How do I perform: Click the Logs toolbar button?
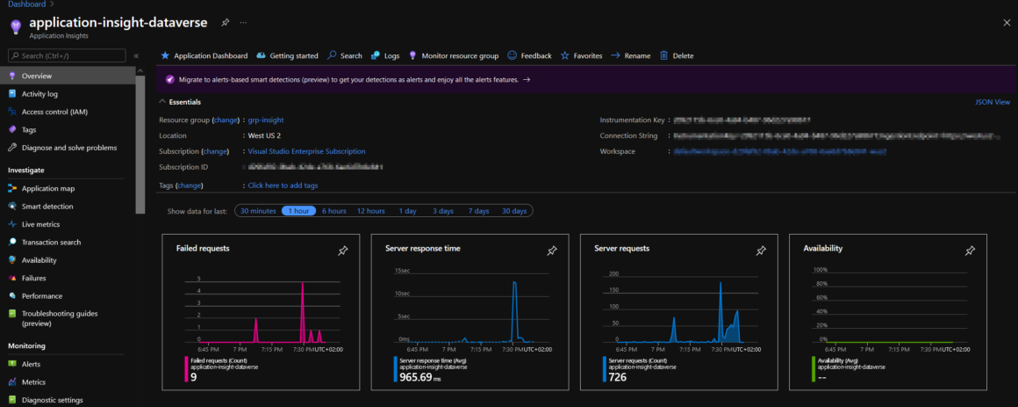(385, 55)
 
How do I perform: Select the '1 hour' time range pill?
(298, 211)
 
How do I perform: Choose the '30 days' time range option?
(513, 211)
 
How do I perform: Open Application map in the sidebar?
(47, 188)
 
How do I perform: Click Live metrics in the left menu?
(40, 224)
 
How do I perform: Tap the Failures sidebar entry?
(33, 278)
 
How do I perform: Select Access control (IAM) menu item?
(54, 112)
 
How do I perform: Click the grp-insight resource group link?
(266, 120)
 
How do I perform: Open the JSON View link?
(993, 102)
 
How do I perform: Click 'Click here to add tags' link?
(283, 185)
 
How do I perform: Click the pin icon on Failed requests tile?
(343, 251)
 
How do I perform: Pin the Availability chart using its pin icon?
(970, 251)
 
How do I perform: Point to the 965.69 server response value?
(418, 377)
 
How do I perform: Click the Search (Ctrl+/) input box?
(68, 55)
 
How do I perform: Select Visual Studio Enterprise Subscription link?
(306, 151)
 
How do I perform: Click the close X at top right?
(1006, 22)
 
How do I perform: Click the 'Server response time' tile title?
(423, 249)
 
